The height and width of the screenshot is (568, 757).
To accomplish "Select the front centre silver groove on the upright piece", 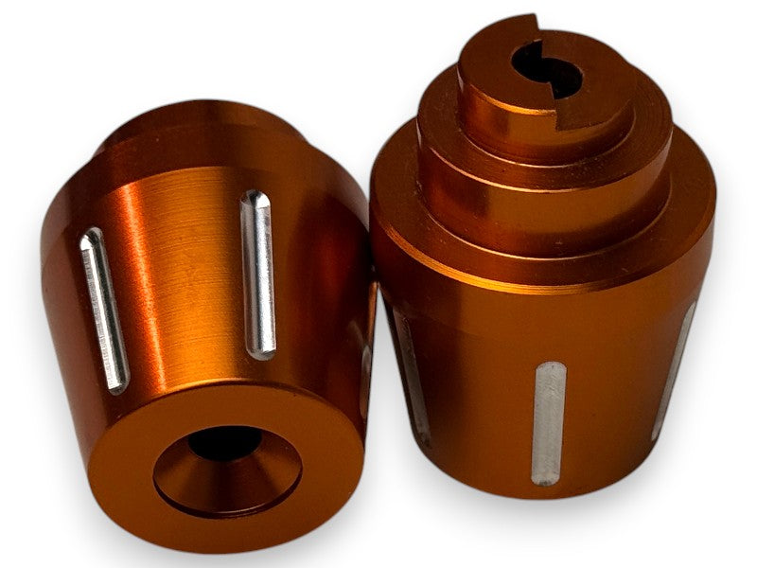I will click(x=549, y=422).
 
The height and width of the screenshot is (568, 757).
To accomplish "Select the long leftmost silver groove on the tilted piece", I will click(x=104, y=310).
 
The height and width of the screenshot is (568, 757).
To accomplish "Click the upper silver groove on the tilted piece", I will click(x=258, y=275).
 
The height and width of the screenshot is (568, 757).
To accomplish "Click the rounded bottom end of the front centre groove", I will click(x=548, y=477).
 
